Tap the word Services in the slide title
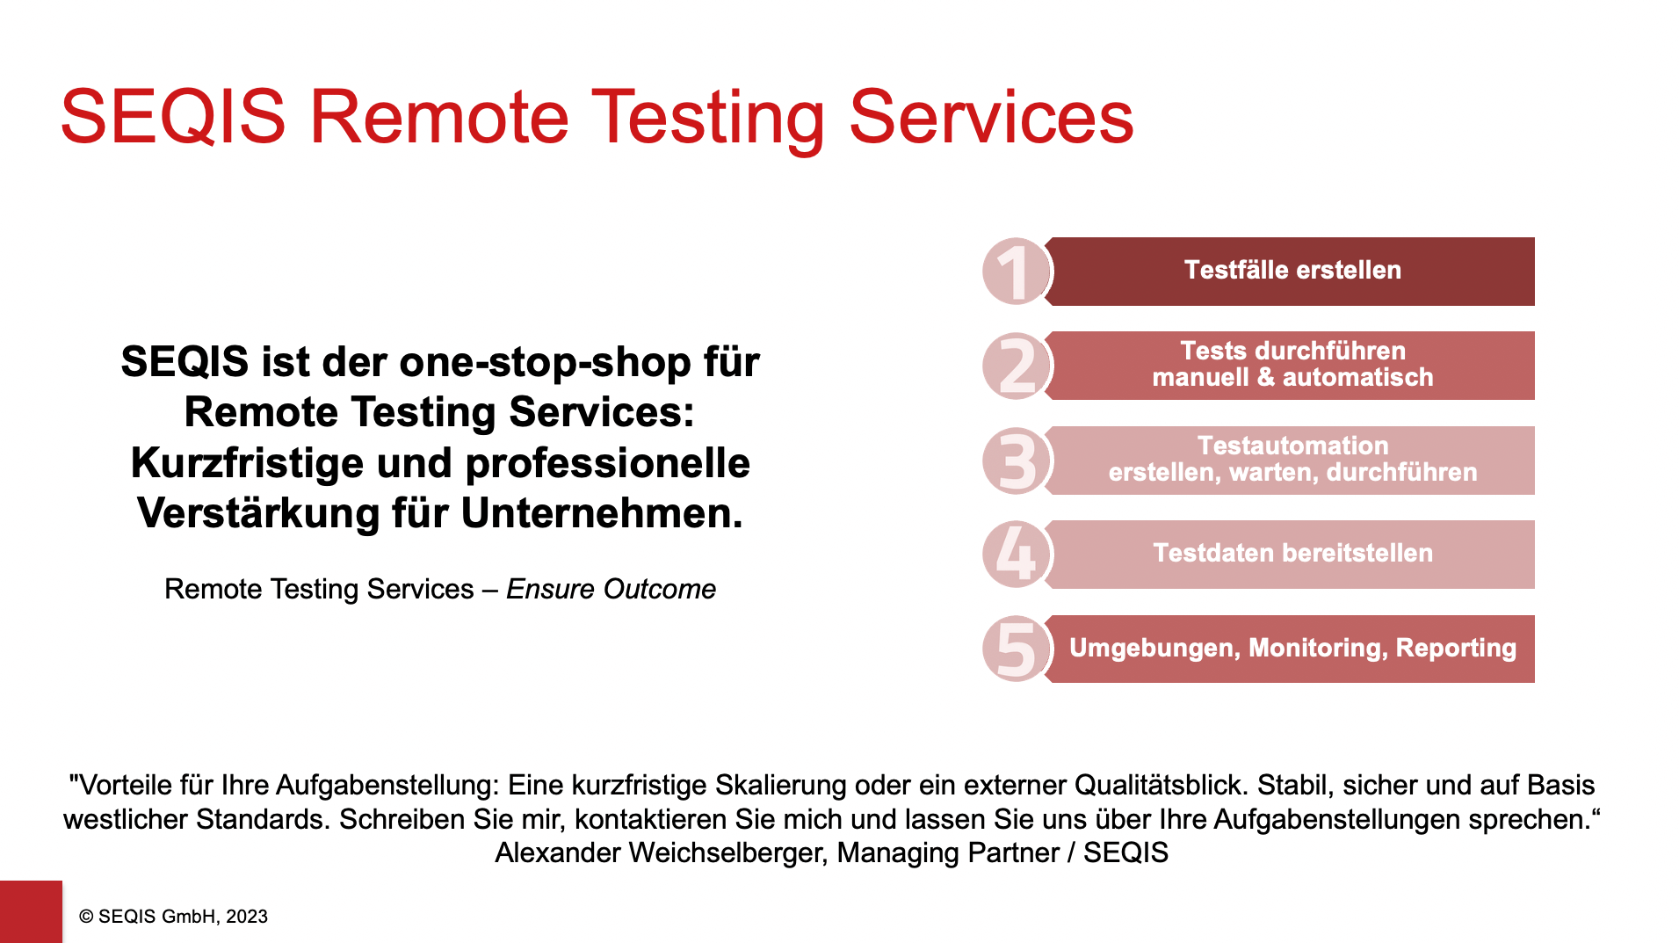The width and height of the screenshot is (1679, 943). (x=991, y=117)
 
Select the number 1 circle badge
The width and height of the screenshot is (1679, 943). (x=1017, y=272)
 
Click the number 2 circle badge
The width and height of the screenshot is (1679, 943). (x=1017, y=366)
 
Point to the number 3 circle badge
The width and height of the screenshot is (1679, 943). (x=1017, y=461)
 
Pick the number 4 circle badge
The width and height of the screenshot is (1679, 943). (x=1017, y=555)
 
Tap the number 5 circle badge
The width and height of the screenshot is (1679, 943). (x=1017, y=649)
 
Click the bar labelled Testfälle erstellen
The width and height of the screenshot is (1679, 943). (x=1292, y=272)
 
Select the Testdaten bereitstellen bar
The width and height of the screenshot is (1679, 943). (x=1292, y=555)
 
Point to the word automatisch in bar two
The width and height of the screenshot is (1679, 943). (x=1357, y=377)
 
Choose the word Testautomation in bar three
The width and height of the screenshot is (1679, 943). (x=1292, y=446)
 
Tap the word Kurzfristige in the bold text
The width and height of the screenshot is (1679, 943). (x=247, y=463)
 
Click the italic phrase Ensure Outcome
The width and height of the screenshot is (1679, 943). (x=611, y=589)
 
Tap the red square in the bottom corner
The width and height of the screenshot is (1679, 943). (x=31, y=911)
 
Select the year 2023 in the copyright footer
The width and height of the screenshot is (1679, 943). (x=247, y=917)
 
